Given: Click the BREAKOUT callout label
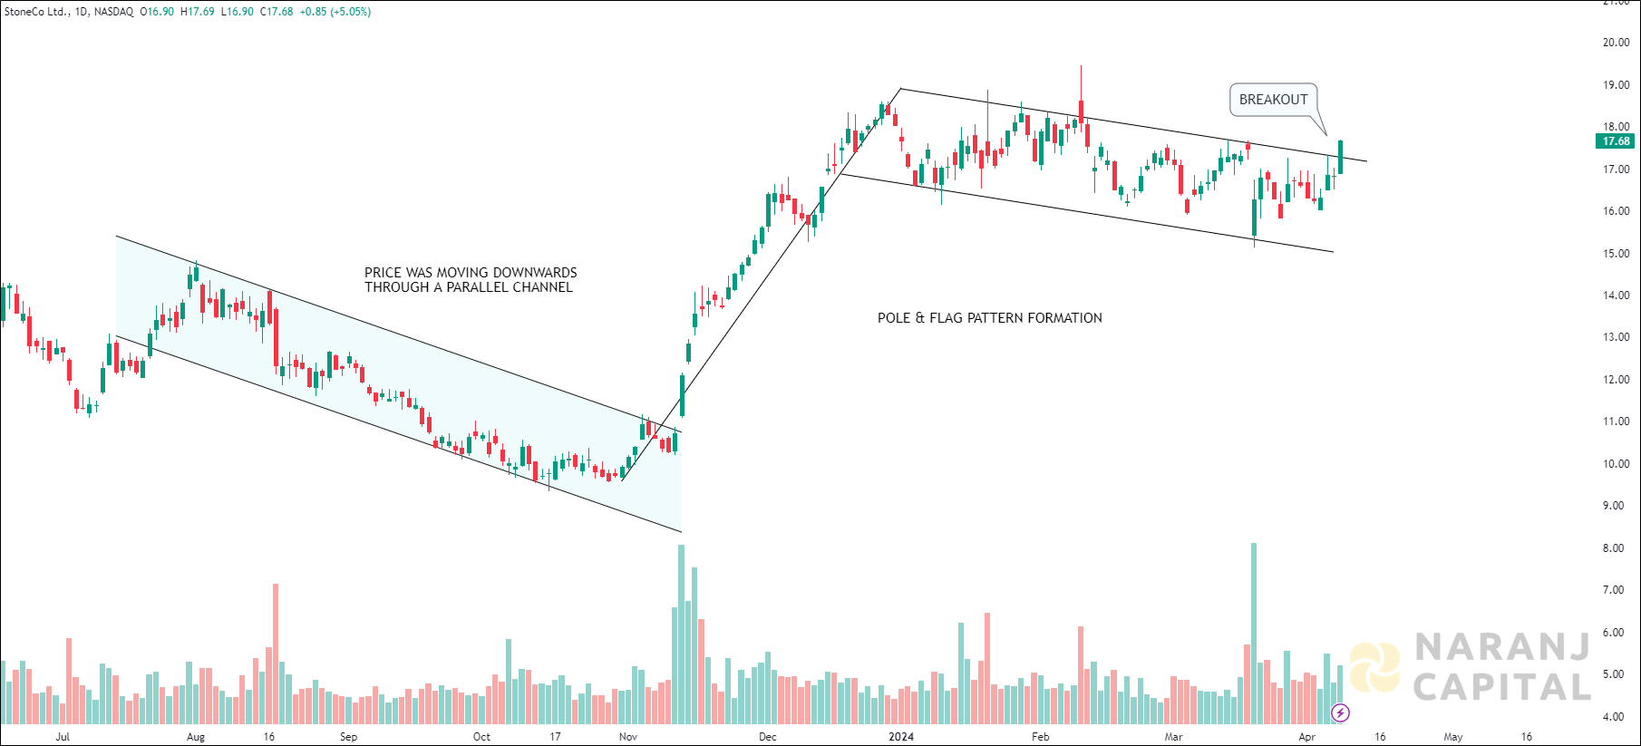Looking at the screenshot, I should coord(1273,100).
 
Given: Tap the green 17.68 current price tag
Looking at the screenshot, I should coord(1616,141).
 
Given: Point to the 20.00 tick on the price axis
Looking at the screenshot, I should coord(1616,43).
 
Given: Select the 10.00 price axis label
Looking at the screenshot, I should coord(1616,464).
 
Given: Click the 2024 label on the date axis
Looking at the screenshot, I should coord(900,737).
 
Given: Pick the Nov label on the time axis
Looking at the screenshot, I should coord(627,737).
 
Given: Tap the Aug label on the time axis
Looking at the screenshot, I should coord(196,737).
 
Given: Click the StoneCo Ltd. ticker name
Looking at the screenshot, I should coord(37,12).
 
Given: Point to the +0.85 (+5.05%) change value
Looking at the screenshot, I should coord(335,12).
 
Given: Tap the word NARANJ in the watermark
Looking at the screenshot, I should coord(1501,647).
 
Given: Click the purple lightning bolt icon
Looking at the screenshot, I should coord(1340,712).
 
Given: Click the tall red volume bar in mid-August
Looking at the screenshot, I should coord(276,653).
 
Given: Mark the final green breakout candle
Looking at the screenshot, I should coord(1340,157).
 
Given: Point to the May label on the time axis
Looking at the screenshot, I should coord(1453,737).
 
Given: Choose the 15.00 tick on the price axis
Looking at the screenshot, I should coord(1616,254).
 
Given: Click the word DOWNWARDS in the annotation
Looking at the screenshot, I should coord(535,273).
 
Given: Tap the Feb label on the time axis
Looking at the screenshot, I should coord(1041,737).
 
